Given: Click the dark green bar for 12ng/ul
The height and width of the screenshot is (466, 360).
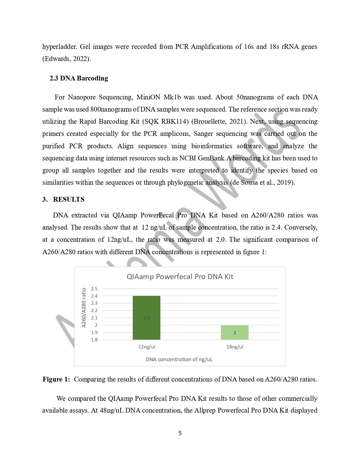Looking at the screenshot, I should pyautogui.click(x=146, y=308).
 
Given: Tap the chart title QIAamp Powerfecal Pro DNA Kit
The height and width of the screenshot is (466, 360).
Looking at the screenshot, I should pyautogui.click(x=180, y=276).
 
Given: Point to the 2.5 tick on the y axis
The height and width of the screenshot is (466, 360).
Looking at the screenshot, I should pyautogui.click(x=94, y=289).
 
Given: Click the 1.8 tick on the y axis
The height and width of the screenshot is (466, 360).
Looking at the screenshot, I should pyautogui.click(x=94, y=340).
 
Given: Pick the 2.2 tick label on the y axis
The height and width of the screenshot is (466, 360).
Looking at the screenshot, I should pyautogui.click(x=94, y=310).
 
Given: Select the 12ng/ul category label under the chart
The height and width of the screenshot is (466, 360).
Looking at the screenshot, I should pyautogui.click(x=147, y=347).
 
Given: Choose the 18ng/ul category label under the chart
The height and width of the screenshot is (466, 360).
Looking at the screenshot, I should pyautogui.click(x=235, y=347).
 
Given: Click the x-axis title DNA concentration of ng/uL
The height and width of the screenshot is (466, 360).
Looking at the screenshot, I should pyautogui.click(x=179, y=359).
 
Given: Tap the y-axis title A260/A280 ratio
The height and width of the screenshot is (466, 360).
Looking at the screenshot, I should pyautogui.click(x=84, y=308).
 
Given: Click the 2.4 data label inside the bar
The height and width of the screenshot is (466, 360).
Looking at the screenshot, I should pyautogui.click(x=147, y=318).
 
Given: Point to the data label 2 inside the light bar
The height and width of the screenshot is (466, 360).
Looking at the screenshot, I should pyautogui.click(x=235, y=333).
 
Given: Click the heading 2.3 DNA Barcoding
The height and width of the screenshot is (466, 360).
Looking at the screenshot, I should pyautogui.click(x=79, y=78).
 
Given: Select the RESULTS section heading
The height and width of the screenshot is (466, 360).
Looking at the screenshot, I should pyautogui.click(x=69, y=199).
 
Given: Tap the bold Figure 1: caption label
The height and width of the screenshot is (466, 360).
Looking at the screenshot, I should pyautogui.click(x=56, y=379).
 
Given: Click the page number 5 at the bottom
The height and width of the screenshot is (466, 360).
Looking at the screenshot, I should pyautogui.click(x=180, y=433).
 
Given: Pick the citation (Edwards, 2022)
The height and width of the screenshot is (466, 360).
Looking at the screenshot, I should pyautogui.click(x=67, y=59).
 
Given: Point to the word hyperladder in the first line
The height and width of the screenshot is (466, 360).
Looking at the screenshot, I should pyautogui.click(x=59, y=47).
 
